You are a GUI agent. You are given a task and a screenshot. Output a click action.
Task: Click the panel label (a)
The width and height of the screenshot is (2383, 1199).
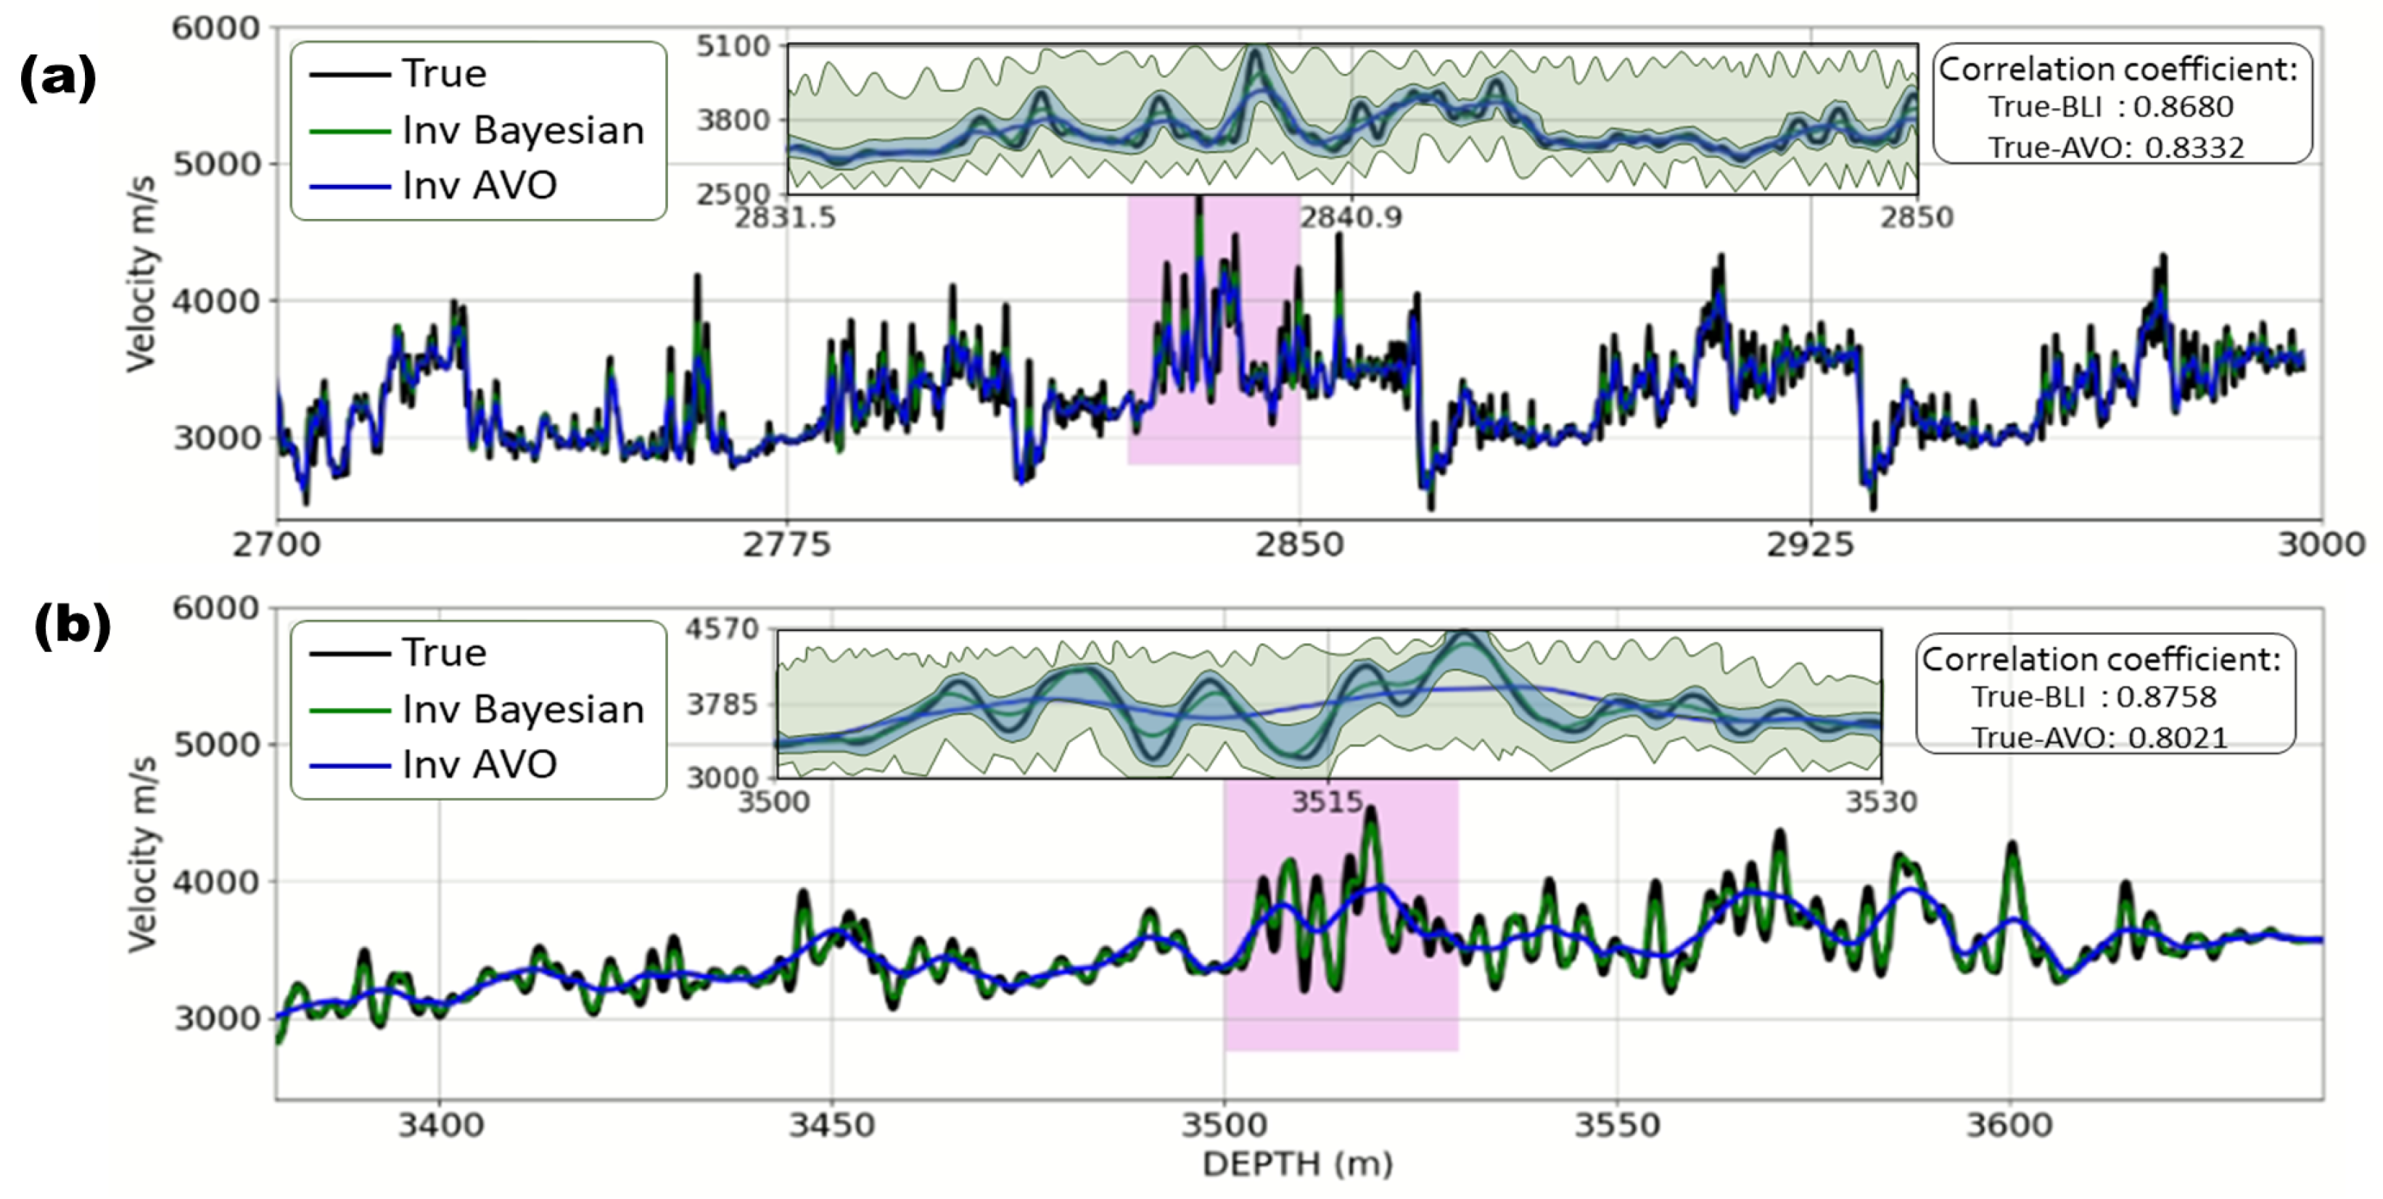(57, 78)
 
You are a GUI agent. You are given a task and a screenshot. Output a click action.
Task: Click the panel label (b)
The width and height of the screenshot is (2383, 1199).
(72, 626)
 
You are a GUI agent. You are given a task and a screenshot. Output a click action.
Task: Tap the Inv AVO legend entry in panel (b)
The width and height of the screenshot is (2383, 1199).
(480, 765)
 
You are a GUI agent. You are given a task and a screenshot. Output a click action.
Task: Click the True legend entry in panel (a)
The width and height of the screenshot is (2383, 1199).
(443, 74)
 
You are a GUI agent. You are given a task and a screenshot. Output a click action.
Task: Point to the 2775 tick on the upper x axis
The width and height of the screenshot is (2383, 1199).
(786, 543)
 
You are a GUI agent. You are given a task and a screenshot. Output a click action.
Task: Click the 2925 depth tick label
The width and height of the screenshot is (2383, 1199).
(1811, 543)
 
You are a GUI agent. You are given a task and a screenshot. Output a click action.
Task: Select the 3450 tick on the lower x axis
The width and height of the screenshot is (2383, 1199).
(831, 1125)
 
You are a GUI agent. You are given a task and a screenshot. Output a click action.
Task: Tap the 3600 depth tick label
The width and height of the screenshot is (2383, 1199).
(2009, 1125)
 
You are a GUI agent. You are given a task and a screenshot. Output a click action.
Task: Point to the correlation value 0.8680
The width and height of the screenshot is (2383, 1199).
(2184, 107)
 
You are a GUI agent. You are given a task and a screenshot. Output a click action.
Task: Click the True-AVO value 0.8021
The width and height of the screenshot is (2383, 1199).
(2178, 738)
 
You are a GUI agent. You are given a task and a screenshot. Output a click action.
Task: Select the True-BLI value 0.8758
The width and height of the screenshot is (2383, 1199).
(2167, 696)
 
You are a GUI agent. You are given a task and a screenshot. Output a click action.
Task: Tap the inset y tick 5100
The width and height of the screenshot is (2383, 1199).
(733, 46)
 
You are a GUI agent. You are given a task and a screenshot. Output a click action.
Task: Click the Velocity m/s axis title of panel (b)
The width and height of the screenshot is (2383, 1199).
(141, 853)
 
